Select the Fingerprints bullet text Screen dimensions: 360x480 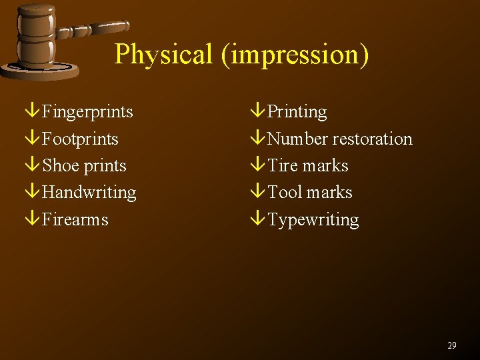click(87, 112)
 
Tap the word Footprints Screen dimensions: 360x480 click(80, 139)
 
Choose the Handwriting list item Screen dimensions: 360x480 click(89, 193)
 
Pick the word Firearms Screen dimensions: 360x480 click(75, 219)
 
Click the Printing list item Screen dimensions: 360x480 click(297, 112)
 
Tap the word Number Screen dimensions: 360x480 click(297, 139)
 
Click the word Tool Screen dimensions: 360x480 click(285, 193)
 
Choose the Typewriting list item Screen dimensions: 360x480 click(313, 220)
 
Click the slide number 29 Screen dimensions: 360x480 click(452, 345)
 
